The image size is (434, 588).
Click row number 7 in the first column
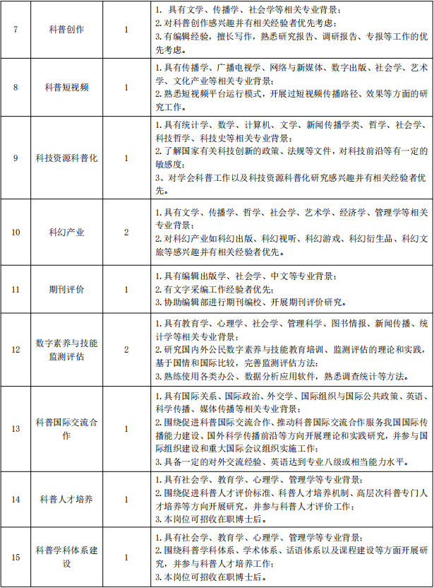click(x=16, y=30)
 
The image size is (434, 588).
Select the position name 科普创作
click(x=66, y=30)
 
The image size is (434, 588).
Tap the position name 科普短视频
click(x=66, y=88)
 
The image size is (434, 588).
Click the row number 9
click(x=16, y=158)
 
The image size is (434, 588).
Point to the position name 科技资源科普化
click(x=66, y=158)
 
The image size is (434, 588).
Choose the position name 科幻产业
click(x=66, y=232)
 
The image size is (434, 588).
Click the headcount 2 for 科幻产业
click(x=126, y=232)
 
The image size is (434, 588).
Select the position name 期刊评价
click(x=66, y=290)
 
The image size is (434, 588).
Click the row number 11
click(x=16, y=290)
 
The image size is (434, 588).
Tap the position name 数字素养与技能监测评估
click(x=66, y=350)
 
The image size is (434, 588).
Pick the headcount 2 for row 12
click(x=126, y=350)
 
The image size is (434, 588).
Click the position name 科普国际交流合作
click(x=66, y=429)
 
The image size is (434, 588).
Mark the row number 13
click(x=16, y=429)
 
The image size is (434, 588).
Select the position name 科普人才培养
click(x=66, y=500)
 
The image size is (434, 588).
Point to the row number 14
click(x=16, y=500)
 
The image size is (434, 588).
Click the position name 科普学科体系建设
click(x=66, y=557)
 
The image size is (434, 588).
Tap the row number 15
click(x=16, y=557)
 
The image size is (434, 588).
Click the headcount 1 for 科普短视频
click(x=126, y=88)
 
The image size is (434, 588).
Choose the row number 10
click(x=16, y=232)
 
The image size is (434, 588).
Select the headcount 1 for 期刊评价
click(x=126, y=290)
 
